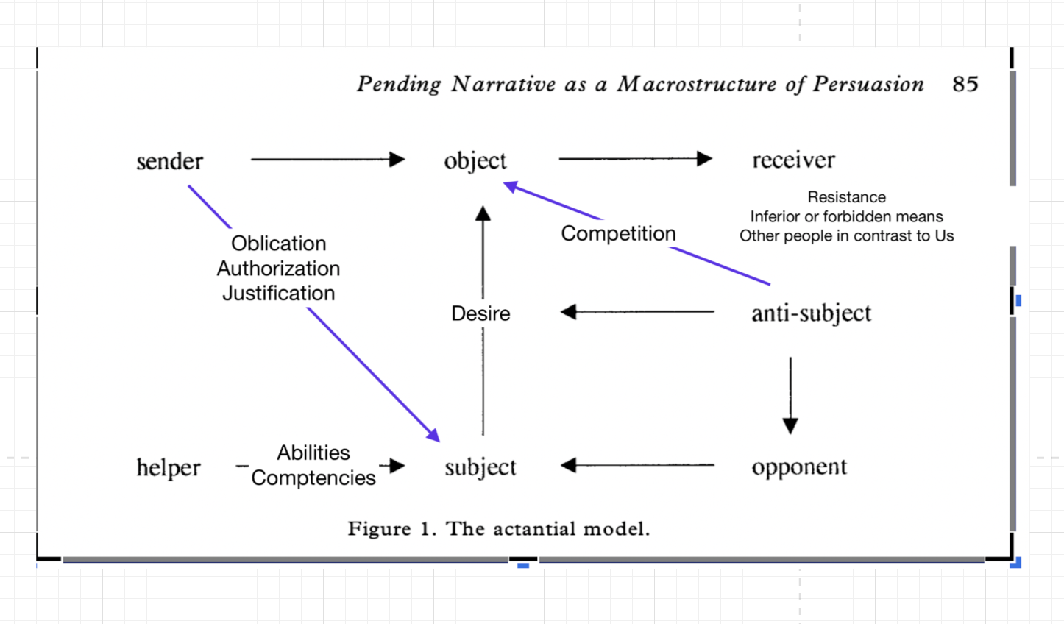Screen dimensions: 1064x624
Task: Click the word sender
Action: [x=169, y=161]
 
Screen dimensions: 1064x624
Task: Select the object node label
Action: [x=475, y=160]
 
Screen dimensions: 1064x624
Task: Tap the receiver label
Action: [x=793, y=160]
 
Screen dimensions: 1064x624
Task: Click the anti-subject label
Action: [x=812, y=313]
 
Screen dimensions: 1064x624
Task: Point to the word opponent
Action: [x=799, y=467]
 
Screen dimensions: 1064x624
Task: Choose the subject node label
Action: [x=480, y=467]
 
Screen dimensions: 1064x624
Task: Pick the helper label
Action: [x=169, y=467]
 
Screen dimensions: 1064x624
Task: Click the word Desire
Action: [x=480, y=313]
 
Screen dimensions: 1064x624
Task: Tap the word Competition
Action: [x=618, y=233]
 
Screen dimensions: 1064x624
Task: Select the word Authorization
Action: [x=278, y=269]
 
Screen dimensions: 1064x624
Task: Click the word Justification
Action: [x=278, y=293]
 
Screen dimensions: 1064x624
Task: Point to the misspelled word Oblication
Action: [x=278, y=243]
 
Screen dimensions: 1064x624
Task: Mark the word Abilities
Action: [x=313, y=453]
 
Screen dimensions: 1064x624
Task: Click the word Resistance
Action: [x=846, y=196]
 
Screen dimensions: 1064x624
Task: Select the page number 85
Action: [x=965, y=84]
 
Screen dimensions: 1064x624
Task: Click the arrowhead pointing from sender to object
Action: [x=397, y=159]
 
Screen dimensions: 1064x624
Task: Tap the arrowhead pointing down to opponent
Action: [x=790, y=426]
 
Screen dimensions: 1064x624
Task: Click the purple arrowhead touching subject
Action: [x=433, y=435]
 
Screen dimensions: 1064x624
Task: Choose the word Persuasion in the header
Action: [x=868, y=84]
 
